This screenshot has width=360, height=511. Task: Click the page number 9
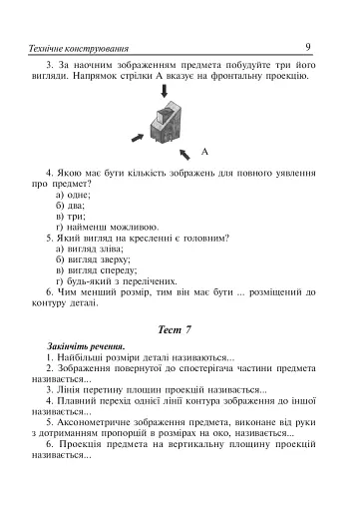[x=309, y=46]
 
